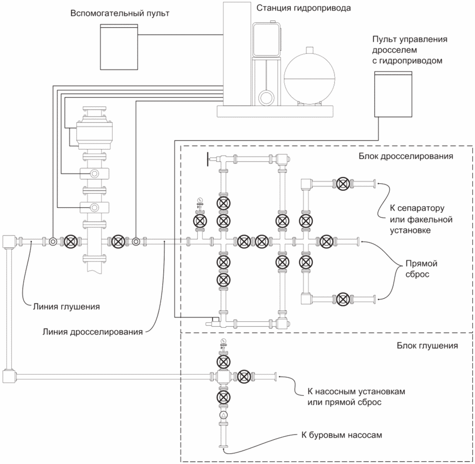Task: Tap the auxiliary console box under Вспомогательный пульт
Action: point(119,47)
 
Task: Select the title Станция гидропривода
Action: point(303,8)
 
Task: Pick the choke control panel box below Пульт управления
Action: point(393,94)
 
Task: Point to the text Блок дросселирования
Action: point(405,156)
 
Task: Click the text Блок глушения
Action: point(427,346)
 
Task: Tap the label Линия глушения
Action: point(66,307)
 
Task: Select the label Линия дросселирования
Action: point(93,332)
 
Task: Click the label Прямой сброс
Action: point(421,269)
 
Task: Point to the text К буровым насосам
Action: point(342,435)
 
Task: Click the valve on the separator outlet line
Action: point(343,184)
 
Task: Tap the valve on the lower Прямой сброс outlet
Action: point(343,299)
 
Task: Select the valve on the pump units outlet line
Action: point(244,377)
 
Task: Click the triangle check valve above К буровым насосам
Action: point(224,415)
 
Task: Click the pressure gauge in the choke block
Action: point(200,200)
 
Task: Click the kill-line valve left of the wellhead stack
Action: point(71,241)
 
